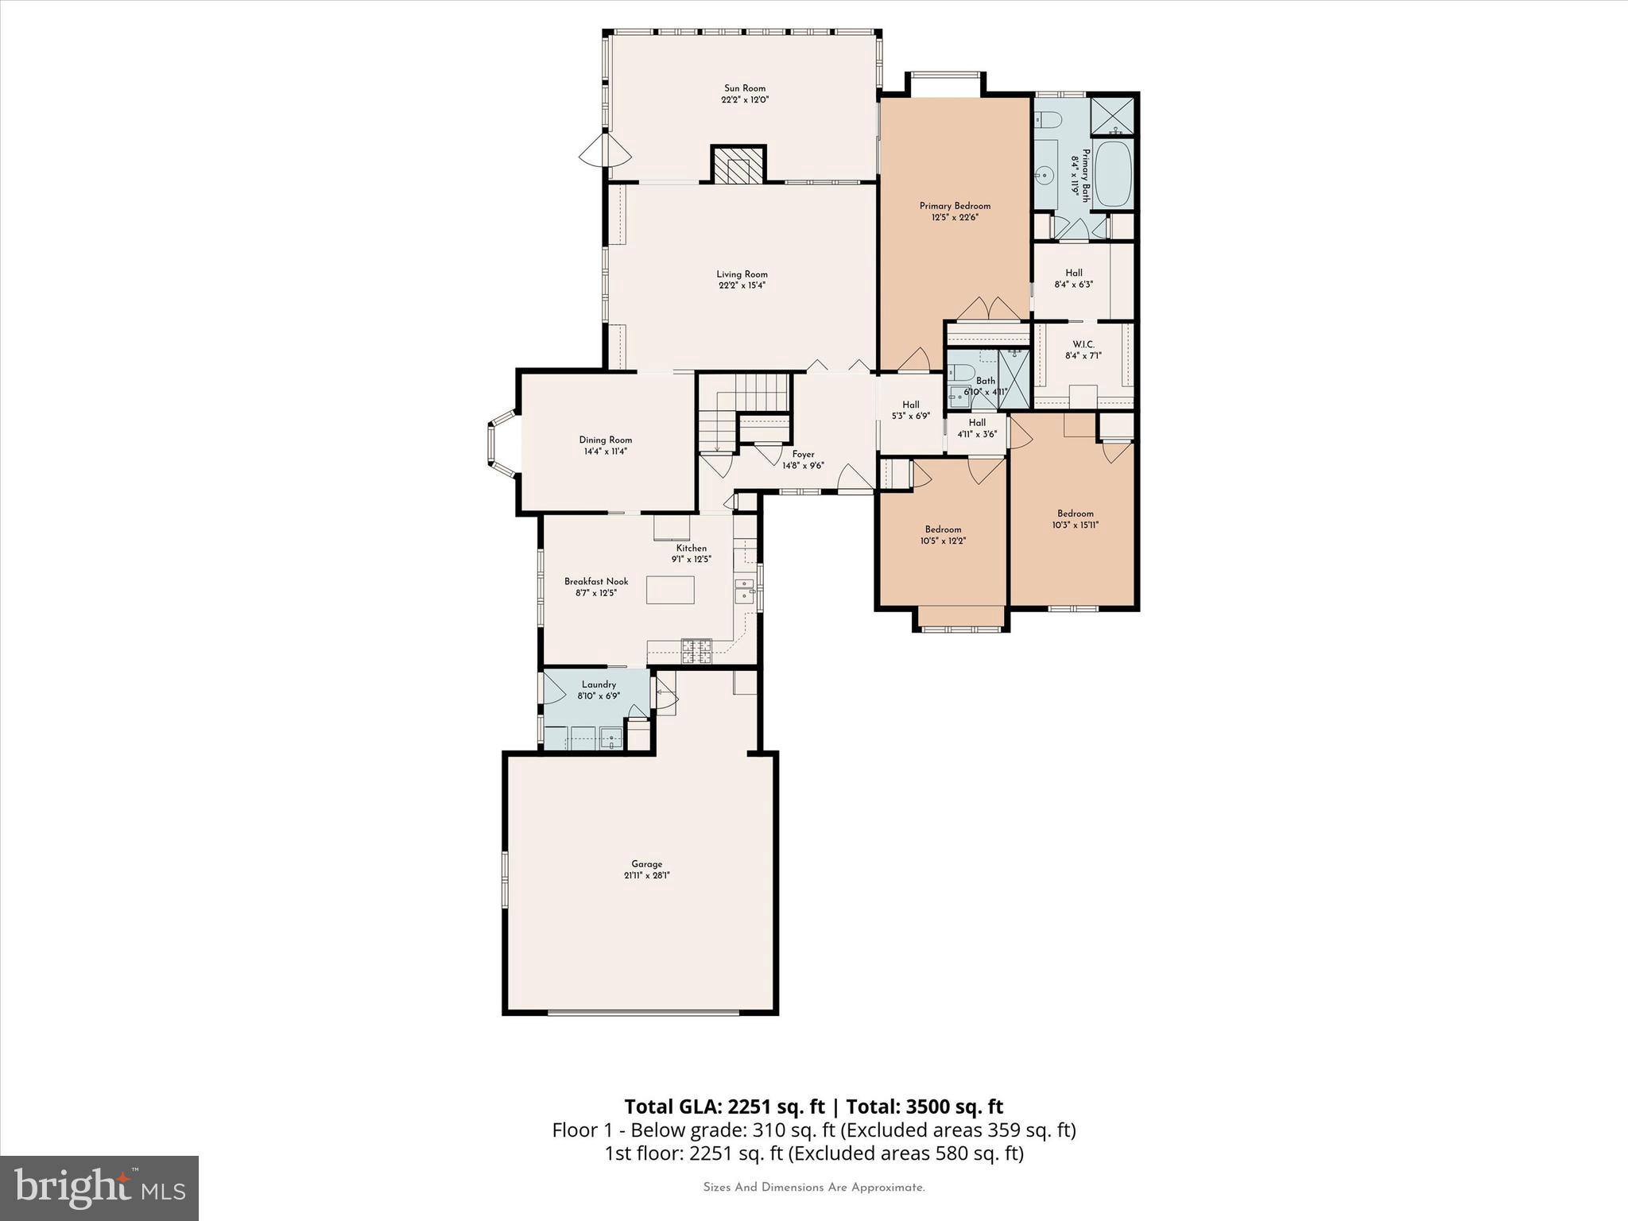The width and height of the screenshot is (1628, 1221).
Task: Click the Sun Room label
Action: click(744, 88)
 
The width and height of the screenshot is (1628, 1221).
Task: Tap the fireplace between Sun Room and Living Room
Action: click(738, 166)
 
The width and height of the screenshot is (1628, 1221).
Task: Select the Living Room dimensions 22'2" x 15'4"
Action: click(742, 285)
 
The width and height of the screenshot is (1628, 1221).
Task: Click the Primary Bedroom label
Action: click(955, 206)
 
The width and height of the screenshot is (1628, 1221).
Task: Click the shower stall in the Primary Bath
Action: click(1112, 116)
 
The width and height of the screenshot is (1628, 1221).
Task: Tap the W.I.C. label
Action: click(1083, 344)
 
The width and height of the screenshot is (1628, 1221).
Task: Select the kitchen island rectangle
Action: click(669, 590)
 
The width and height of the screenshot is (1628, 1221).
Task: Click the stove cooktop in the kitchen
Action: click(696, 650)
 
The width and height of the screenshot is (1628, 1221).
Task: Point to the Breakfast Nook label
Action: click(596, 581)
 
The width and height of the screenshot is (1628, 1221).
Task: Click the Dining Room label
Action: click(605, 440)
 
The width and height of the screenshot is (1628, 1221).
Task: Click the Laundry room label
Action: click(599, 684)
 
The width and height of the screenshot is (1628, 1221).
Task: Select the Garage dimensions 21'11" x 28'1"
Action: click(646, 875)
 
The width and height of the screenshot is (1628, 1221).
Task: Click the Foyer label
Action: click(803, 454)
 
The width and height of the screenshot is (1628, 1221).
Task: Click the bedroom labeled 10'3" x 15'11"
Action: click(1075, 518)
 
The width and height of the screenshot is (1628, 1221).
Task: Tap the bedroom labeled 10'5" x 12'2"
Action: click(943, 534)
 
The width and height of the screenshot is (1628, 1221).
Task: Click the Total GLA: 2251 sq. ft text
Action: click(725, 1107)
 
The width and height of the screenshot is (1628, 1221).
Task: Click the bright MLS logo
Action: click(99, 1188)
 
